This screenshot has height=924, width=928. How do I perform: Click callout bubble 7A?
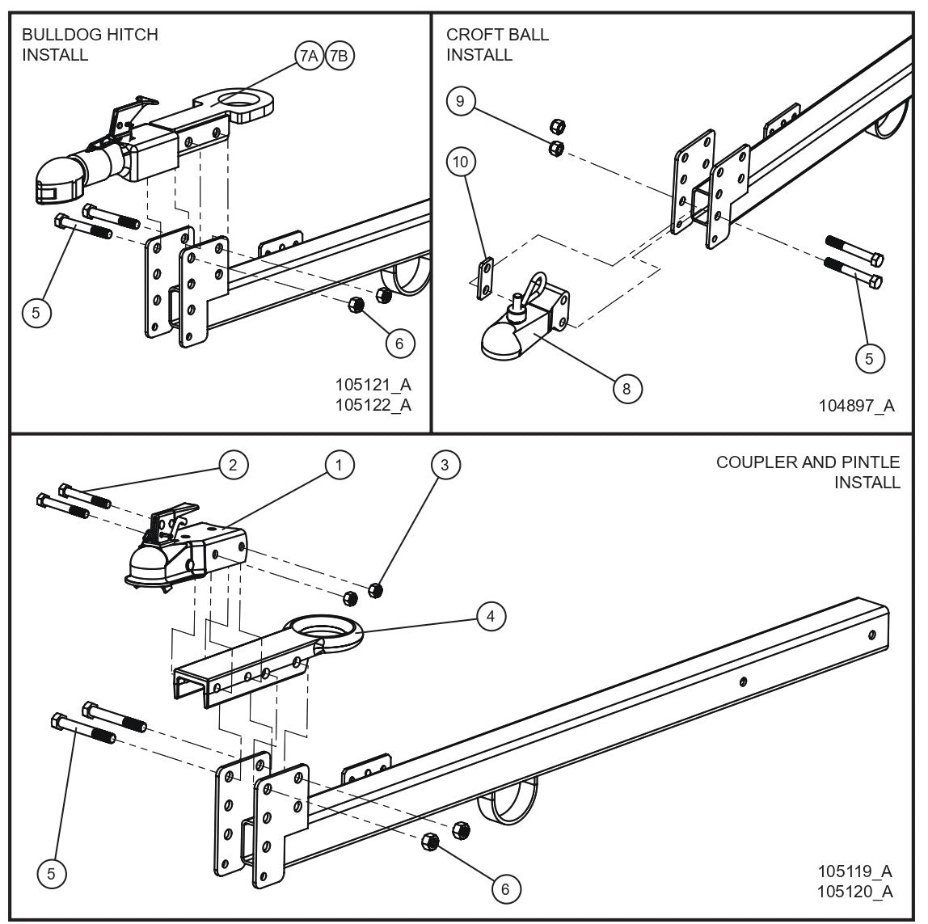pos(308,56)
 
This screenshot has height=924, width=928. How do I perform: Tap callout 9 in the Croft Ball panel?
pos(460,101)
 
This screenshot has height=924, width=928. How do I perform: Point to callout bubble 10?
pos(460,162)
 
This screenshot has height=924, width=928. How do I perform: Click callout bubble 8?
pos(626,388)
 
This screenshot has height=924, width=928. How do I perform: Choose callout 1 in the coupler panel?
pos(340,464)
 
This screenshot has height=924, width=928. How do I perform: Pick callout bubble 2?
pos(232,464)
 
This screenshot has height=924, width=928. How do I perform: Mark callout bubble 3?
pos(444,464)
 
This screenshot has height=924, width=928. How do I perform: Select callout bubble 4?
pos(490,616)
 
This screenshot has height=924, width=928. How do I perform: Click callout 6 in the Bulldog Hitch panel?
pos(399,343)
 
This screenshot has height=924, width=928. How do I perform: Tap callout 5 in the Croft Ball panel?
pos(869,358)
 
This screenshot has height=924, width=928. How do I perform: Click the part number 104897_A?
pos(855,406)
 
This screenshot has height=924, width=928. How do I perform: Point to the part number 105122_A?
pos(373,404)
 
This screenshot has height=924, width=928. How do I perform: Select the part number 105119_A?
pos(854,871)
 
